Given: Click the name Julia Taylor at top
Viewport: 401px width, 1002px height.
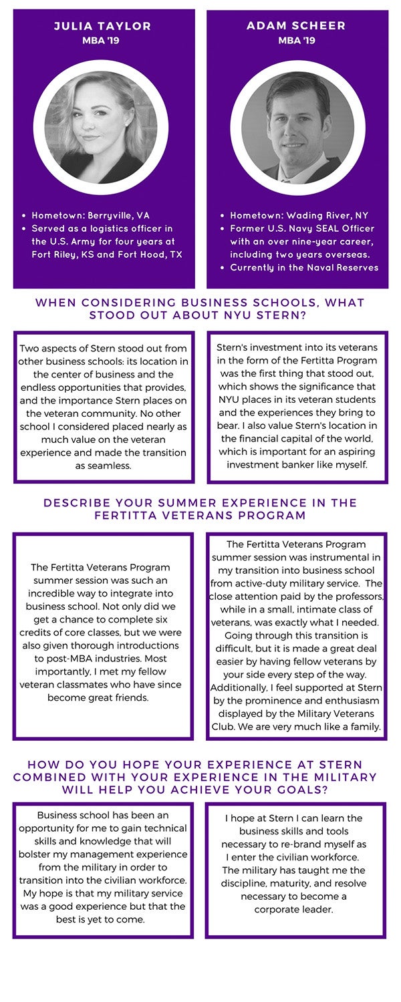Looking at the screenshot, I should coord(103,27).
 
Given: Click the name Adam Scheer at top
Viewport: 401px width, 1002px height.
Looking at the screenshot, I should coord(296,26).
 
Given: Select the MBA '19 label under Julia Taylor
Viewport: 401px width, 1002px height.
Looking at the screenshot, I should coord(103,40).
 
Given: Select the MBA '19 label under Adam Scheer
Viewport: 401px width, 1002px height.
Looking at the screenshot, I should coord(296,40).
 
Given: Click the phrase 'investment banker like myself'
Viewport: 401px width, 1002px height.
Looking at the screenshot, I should coord(297,464).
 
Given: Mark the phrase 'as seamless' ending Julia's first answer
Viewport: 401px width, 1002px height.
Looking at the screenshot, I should coord(104,466).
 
